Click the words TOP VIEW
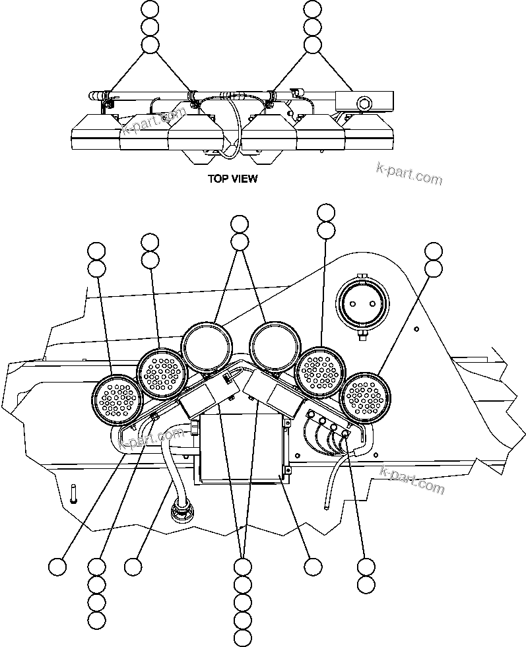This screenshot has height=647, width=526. (x=232, y=178)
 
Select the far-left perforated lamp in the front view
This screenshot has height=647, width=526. (x=117, y=399)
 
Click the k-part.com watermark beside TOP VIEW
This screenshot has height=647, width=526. (x=409, y=173)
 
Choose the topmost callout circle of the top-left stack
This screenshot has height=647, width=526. (x=151, y=9)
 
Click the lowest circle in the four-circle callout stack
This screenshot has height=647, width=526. (x=97, y=619)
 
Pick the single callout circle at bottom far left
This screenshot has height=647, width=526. (x=58, y=567)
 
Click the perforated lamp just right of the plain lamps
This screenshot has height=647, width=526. (x=321, y=372)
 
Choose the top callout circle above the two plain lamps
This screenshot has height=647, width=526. (x=240, y=223)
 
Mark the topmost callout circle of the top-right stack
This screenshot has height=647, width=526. (x=312, y=9)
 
